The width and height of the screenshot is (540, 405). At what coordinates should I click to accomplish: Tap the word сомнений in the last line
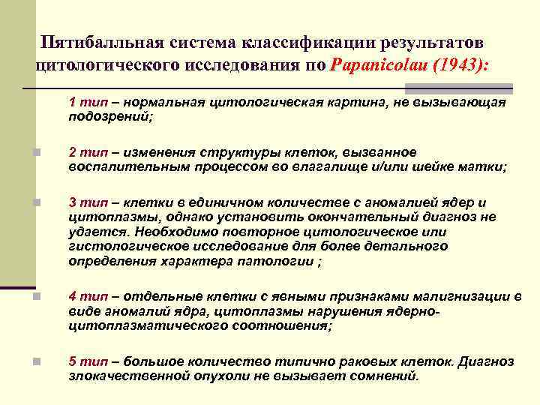click(x=386, y=376)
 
